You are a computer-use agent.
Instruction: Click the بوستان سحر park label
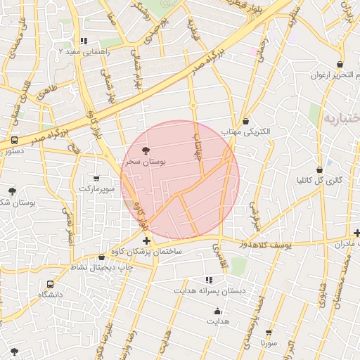[145, 162]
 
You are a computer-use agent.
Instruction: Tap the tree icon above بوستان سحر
[146, 150]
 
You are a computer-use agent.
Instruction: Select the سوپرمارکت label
[96, 189]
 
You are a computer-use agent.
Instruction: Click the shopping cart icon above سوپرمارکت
[96, 179]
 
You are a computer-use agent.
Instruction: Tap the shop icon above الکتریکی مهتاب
[245, 122]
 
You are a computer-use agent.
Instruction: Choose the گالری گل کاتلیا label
[320, 180]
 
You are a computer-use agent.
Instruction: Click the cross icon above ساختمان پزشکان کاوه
[146, 241]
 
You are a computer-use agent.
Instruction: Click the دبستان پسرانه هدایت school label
[207, 290]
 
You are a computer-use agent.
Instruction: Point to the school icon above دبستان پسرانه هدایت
[208, 280]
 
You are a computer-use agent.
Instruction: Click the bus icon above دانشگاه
[50, 284]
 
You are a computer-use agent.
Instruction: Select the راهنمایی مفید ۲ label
[84, 51]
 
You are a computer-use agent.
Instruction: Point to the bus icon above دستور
[14, 141]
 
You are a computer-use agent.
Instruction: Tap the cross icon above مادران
[357, 233]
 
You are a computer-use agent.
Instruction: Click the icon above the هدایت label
[217, 311]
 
